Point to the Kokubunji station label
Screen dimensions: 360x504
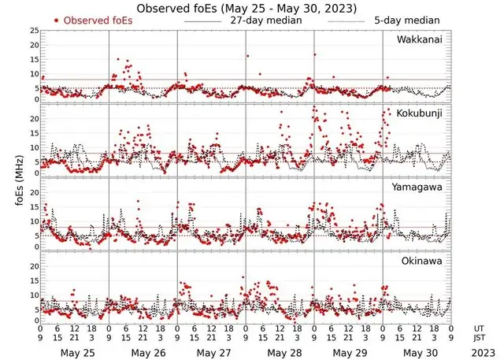point(420,113)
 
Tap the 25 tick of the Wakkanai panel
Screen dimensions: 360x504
point(32,31)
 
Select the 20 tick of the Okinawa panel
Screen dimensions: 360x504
point(32,265)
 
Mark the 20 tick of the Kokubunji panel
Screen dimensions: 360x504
point(32,118)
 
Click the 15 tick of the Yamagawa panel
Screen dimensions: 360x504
point(32,207)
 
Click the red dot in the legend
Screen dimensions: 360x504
point(57,20)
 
